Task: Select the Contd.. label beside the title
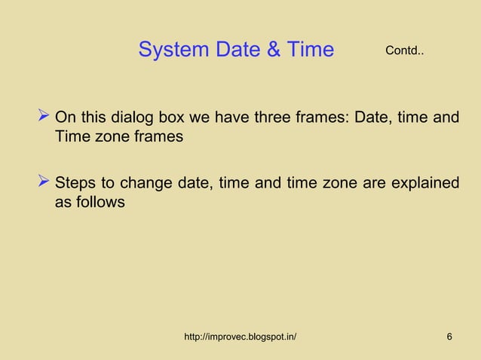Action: click(405, 51)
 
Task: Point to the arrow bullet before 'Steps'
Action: click(44, 182)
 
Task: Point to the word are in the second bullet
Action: click(367, 184)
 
